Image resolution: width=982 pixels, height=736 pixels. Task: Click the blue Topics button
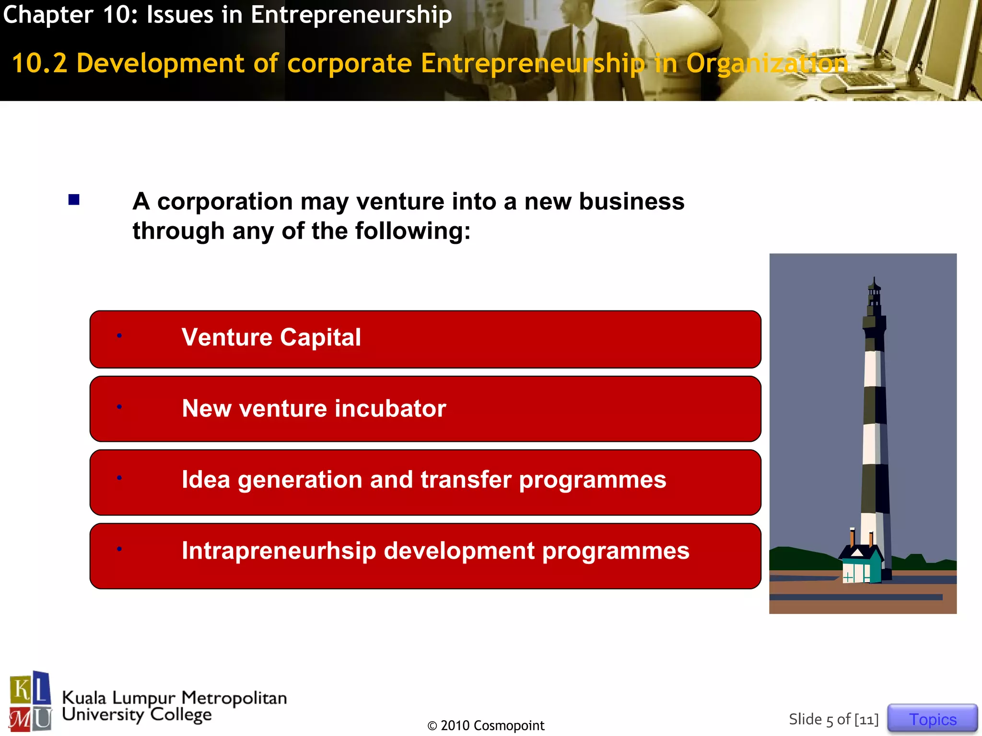932,719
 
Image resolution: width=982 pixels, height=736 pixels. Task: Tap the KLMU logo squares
30,701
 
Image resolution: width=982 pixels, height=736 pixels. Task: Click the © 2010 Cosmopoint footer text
486,725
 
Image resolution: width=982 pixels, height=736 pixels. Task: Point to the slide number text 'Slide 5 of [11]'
833,719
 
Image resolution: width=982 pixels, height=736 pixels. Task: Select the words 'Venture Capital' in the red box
271,337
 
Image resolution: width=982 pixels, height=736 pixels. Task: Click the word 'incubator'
390,409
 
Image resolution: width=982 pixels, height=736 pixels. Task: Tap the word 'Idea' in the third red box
206,480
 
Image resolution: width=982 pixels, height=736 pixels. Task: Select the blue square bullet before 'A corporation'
74,200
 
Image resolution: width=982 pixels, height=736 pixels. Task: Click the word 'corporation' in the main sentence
225,201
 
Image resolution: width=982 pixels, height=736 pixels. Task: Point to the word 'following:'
413,231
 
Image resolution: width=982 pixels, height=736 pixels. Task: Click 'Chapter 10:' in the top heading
70,14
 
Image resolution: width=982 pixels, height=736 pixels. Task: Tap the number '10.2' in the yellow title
39,63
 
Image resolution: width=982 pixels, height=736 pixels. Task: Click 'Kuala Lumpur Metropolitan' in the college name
175,698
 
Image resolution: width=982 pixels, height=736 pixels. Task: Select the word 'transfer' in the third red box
466,480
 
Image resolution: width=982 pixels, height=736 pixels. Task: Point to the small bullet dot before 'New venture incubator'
119,407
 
